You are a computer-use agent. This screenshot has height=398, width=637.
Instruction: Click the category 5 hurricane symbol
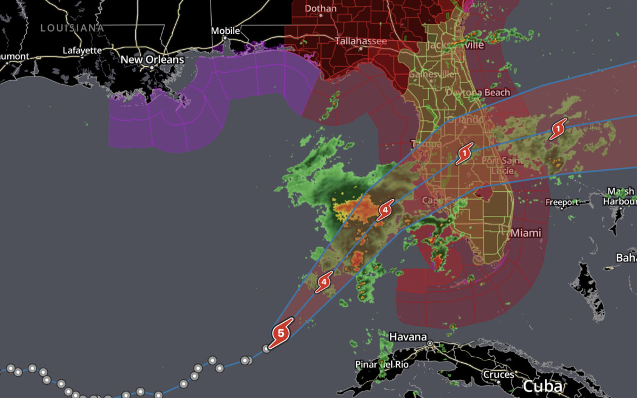tap(280, 332)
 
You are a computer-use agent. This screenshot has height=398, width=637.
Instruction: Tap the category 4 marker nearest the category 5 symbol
tap(325, 281)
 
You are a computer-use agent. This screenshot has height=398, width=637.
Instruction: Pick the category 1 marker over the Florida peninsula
tap(464, 154)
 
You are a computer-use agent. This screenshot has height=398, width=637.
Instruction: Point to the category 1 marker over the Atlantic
tap(558, 129)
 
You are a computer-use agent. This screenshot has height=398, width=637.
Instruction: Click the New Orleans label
tap(152, 60)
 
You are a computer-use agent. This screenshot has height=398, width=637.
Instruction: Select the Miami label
tap(525, 233)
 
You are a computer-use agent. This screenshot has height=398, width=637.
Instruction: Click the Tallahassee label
tap(360, 41)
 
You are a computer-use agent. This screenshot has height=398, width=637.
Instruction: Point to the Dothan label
tap(320, 8)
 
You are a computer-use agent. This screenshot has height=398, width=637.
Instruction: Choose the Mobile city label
tap(225, 30)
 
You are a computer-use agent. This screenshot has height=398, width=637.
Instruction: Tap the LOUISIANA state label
tap(72, 28)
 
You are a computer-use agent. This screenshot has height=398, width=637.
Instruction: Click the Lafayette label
tap(82, 50)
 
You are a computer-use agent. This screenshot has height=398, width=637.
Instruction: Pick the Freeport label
tap(562, 202)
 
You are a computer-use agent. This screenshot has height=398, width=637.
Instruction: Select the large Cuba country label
tap(542, 386)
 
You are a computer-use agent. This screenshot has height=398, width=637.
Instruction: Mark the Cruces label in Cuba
tap(499, 374)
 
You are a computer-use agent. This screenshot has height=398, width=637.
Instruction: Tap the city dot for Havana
tap(430, 343)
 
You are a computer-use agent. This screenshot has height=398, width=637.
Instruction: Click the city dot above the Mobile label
tap(225, 38)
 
